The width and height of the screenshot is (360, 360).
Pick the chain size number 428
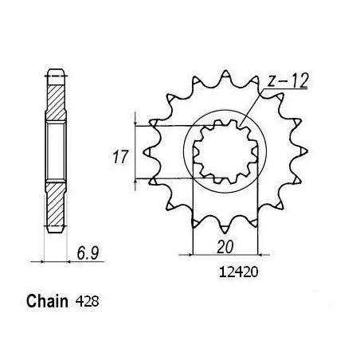pos(89,303)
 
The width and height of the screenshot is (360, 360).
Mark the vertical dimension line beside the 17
pos(138,151)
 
